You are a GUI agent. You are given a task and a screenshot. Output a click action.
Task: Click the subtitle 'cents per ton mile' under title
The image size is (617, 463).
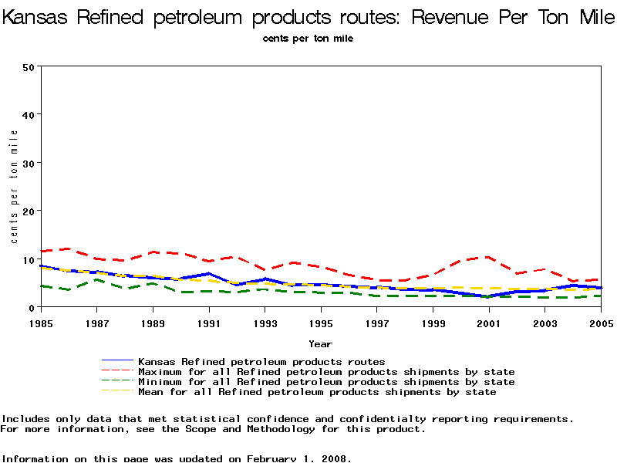[308, 39]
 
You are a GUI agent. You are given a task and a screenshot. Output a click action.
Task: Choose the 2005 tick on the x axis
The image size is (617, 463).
[601, 323]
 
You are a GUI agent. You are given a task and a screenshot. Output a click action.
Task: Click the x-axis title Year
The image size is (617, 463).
[320, 343]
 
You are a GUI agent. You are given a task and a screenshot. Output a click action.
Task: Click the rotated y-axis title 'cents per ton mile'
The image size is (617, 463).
[14, 187]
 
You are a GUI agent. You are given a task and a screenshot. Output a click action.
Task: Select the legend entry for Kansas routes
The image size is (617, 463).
[261, 361]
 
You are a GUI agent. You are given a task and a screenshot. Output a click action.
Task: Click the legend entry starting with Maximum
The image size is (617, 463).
[325, 371]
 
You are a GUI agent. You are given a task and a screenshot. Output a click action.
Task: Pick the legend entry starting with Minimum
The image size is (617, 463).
[325, 382]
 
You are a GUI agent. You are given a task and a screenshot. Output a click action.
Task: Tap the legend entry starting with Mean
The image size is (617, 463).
[316, 392]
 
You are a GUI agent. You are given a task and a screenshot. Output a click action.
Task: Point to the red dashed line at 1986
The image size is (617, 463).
[68, 248]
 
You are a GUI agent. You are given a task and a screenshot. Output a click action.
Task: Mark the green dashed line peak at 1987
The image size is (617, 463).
[96, 279]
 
